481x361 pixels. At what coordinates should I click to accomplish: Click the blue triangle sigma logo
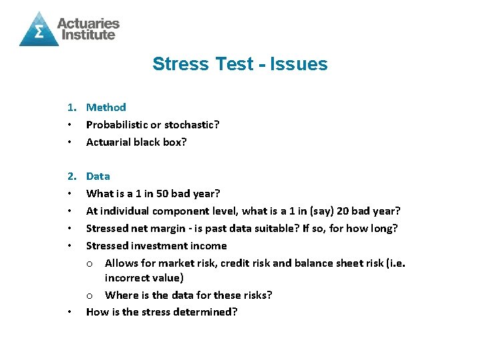tap(38, 29)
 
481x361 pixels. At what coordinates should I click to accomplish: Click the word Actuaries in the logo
tap(88, 23)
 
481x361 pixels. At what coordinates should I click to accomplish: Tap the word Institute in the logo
tap(86, 35)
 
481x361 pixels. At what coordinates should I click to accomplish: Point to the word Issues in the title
tap(300, 64)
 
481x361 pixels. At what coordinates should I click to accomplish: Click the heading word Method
tap(106, 107)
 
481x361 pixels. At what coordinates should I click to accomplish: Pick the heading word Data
tap(98, 176)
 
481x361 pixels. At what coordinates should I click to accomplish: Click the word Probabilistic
tap(118, 124)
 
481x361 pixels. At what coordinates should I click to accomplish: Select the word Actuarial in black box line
tap(110, 142)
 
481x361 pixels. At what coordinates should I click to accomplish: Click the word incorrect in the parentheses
tap(128, 277)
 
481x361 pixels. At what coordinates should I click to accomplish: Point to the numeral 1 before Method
tap(69, 107)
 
